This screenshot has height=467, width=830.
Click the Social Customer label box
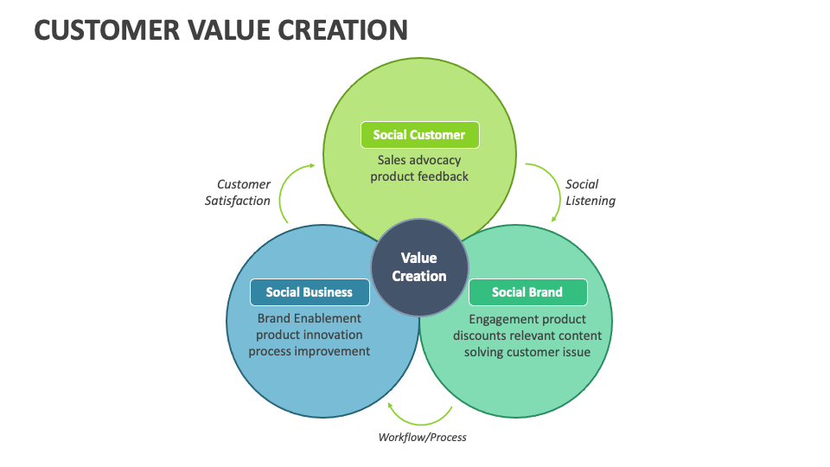(419, 135)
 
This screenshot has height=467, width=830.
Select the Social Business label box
(310, 292)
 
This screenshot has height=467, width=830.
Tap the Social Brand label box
(527, 292)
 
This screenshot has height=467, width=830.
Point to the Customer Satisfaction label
(238, 192)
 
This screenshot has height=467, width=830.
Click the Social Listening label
(591, 192)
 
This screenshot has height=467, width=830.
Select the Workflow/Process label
(422, 437)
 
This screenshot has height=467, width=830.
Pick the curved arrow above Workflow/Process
(420, 415)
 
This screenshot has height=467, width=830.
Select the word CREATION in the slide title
(342, 30)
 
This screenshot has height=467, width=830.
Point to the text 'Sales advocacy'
(419, 160)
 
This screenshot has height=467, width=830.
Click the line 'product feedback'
(419, 176)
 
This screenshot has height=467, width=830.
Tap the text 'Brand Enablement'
(309, 318)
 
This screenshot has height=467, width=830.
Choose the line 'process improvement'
(309, 351)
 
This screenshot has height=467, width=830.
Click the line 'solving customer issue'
(527, 352)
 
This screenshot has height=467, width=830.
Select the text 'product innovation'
(309, 335)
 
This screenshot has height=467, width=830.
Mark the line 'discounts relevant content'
(527, 336)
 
